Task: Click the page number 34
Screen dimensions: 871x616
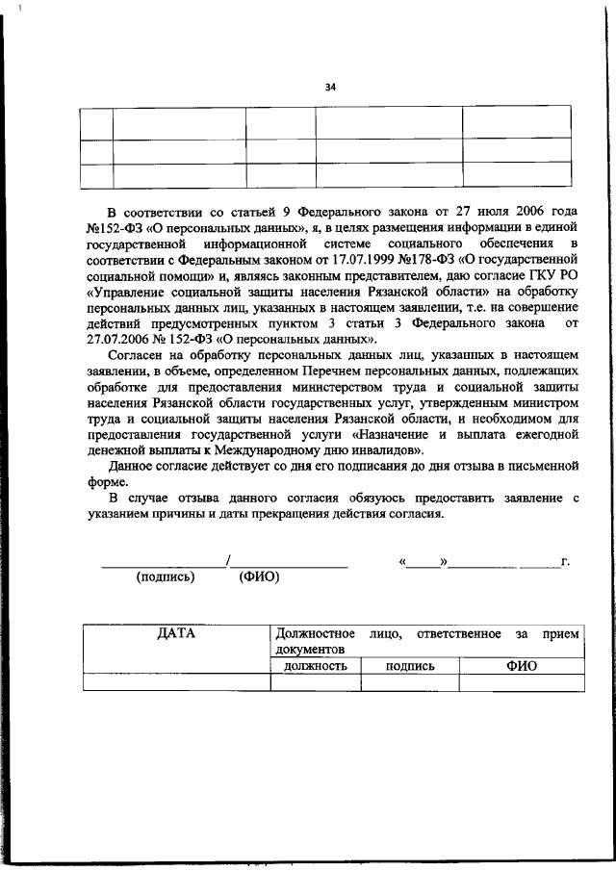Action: coord(330,88)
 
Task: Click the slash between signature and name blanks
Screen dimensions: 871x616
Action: coord(227,560)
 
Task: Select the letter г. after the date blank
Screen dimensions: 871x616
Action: coord(566,561)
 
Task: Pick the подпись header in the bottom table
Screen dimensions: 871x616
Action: coord(410,665)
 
